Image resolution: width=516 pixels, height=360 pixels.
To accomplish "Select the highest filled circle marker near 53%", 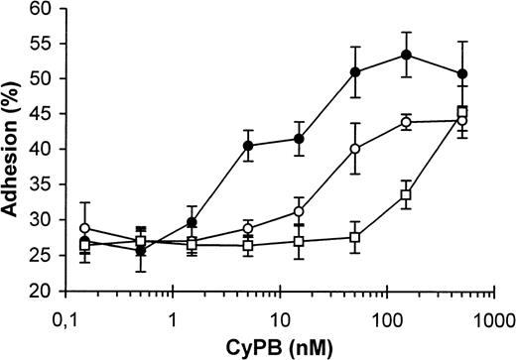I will (x=406, y=55).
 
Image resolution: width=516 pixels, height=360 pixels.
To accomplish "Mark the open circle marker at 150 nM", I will (x=406, y=122).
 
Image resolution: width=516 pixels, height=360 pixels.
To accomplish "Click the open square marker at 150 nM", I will (x=406, y=195).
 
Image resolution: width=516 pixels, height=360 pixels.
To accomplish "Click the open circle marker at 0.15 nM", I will (x=84, y=229).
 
